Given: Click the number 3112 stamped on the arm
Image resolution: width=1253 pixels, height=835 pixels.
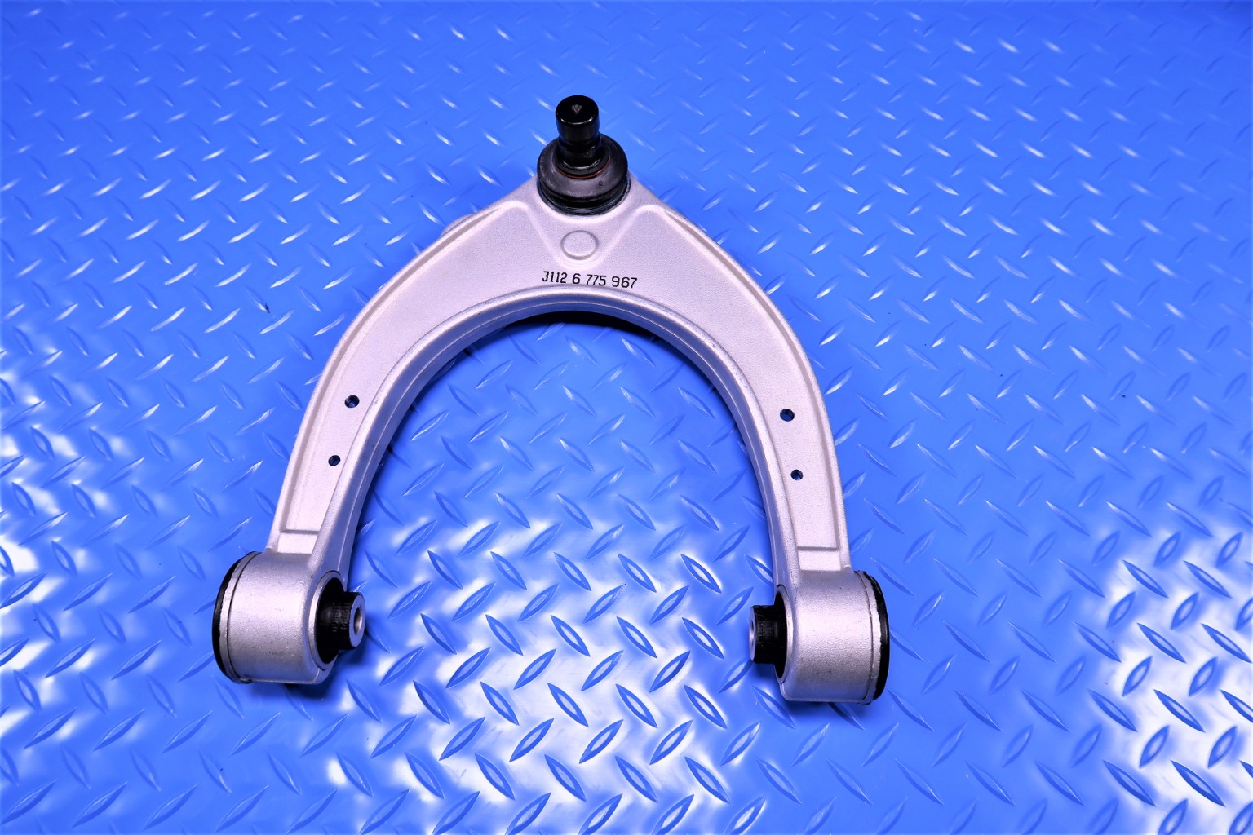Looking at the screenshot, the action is [551, 278].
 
